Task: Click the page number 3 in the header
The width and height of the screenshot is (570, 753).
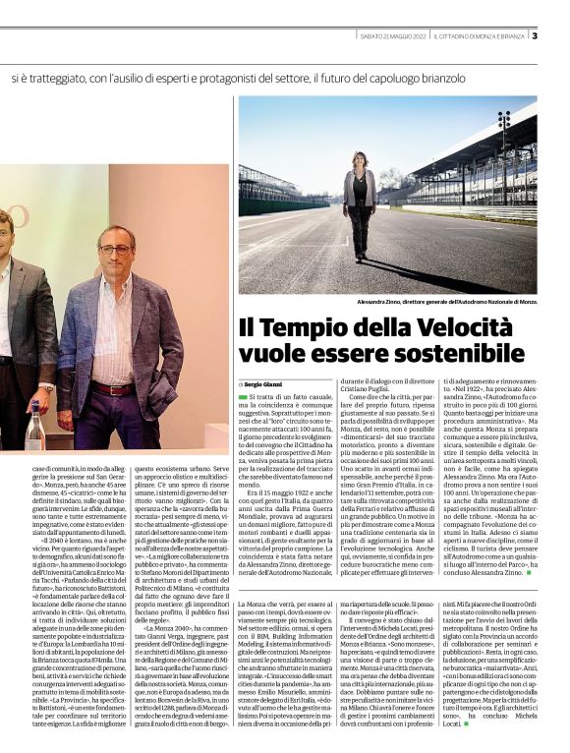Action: (x=535, y=37)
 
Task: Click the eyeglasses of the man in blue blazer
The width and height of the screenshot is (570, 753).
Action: (x=115, y=250)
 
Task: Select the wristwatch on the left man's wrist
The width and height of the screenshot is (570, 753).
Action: (x=48, y=388)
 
